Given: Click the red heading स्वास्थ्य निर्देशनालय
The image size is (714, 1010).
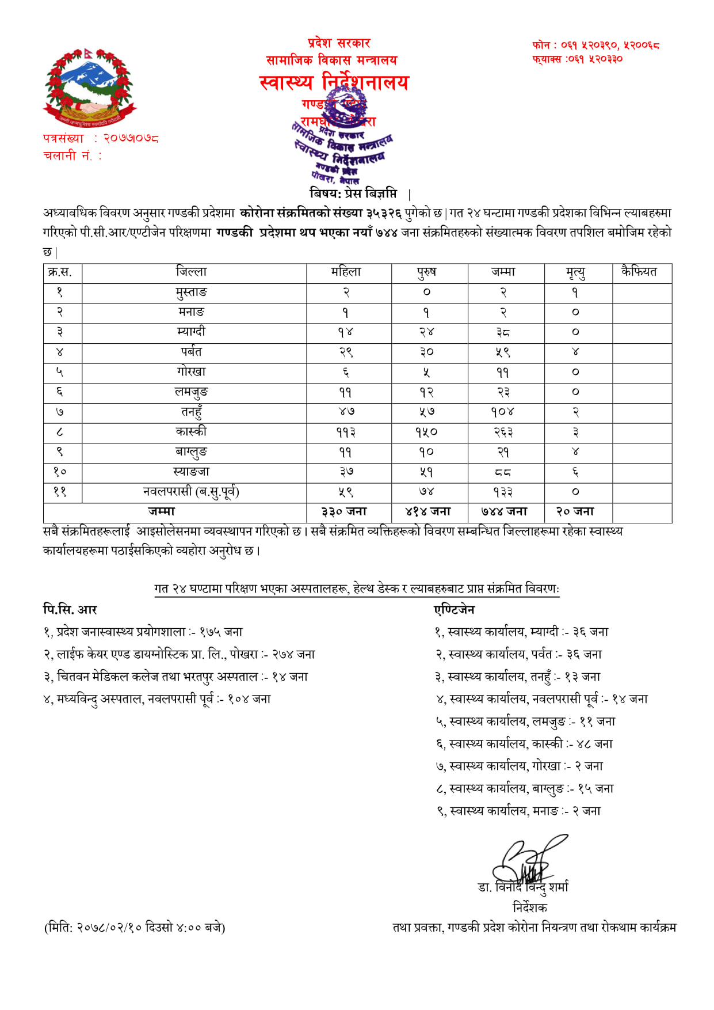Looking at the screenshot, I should pyautogui.click(x=334, y=82).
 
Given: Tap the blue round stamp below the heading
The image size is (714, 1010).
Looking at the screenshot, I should pyautogui.click(x=343, y=141).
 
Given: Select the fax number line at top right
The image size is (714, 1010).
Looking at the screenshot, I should pyautogui.click(x=578, y=59).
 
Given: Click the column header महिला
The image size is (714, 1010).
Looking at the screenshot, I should pyautogui.click(x=346, y=272).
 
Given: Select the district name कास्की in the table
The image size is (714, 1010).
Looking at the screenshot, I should pyautogui.click(x=192, y=432).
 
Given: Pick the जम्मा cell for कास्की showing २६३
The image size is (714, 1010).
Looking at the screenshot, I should pyautogui.click(x=503, y=432).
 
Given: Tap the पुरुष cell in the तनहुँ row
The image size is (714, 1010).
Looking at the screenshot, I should pyautogui.click(x=427, y=412).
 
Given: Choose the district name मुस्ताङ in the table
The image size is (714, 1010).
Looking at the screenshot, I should pyautogui.click(x=192, y=293).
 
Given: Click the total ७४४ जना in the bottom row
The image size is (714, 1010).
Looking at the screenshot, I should pyautogui.click(x=504, y=511).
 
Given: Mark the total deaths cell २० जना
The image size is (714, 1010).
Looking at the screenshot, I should pyautogui.click(x=575, y=511).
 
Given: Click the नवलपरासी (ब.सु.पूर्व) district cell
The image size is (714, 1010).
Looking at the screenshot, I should pyautogui.click(x=192, y=492).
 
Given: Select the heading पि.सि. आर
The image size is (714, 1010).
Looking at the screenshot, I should pyautogui.click(x=70, y=609).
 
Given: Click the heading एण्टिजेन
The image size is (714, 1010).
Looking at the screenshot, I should pyautogui.click(x=455, y=609).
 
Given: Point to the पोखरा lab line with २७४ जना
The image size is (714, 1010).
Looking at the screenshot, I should pyautogui.click(x=180, y=654).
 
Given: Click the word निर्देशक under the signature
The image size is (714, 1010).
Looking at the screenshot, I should pyautogui.click(x=529, y=908).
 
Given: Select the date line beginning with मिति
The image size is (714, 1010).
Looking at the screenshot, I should pyautogui.click(x=135, y=927).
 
